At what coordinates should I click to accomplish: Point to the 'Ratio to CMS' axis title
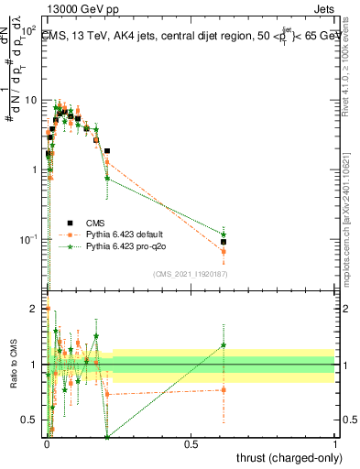13,365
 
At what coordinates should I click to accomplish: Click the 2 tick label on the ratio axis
34,309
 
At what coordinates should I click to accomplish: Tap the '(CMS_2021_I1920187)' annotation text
190,274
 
